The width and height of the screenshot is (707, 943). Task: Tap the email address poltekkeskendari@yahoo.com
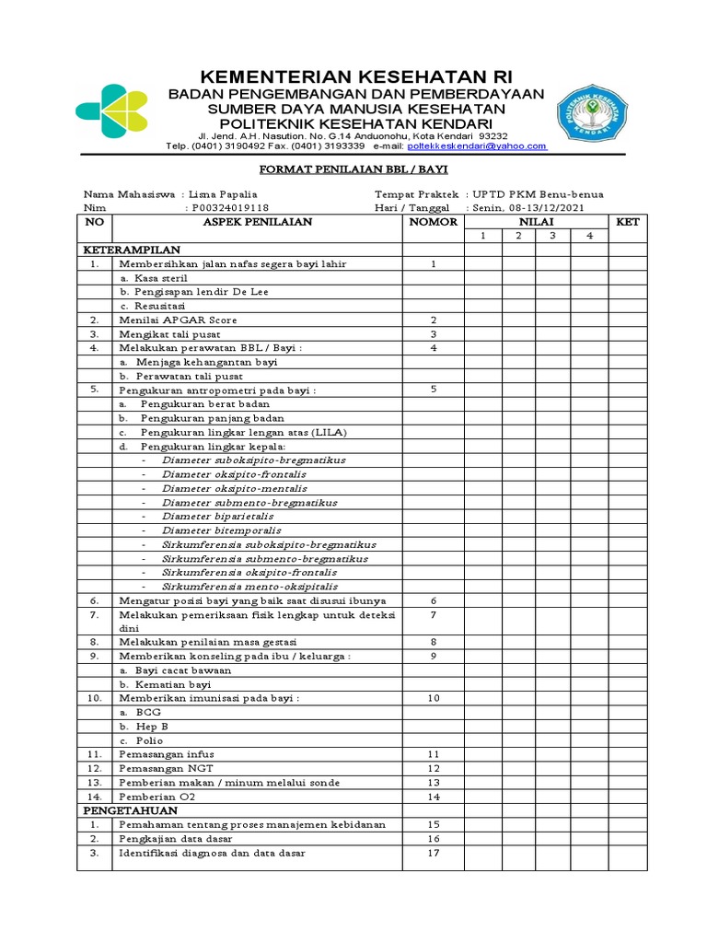477,146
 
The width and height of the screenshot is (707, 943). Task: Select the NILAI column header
536,222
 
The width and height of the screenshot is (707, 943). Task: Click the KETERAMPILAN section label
133,250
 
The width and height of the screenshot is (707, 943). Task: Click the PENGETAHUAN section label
131,810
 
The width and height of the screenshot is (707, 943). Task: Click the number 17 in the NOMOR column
433,853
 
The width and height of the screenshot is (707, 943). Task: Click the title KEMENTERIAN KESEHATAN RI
353,76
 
